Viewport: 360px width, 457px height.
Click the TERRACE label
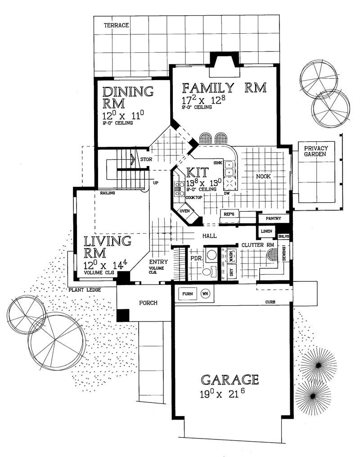click(x=117, y=26)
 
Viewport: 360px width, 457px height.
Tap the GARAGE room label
click(x=229, y=380)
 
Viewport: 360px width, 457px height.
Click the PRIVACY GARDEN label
click(x=315, y=152)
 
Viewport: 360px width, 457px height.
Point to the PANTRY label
click(x=273, y=218)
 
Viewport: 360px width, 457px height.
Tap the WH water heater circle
click(x=205, y=294)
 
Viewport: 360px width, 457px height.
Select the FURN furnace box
click(x=188, y=294)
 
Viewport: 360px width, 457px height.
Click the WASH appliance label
click(x=232, y=257)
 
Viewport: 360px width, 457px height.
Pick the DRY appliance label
click(x=232, y=272)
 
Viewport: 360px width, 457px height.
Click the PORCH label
click(x=148, y=303)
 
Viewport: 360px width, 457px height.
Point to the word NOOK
click(x=263, y=176)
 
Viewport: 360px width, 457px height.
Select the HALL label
click(x=209, y=235)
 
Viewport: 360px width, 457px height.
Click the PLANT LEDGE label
click(x=85, y=290)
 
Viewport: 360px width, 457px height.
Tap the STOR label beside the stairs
click(x=144, y=159)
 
